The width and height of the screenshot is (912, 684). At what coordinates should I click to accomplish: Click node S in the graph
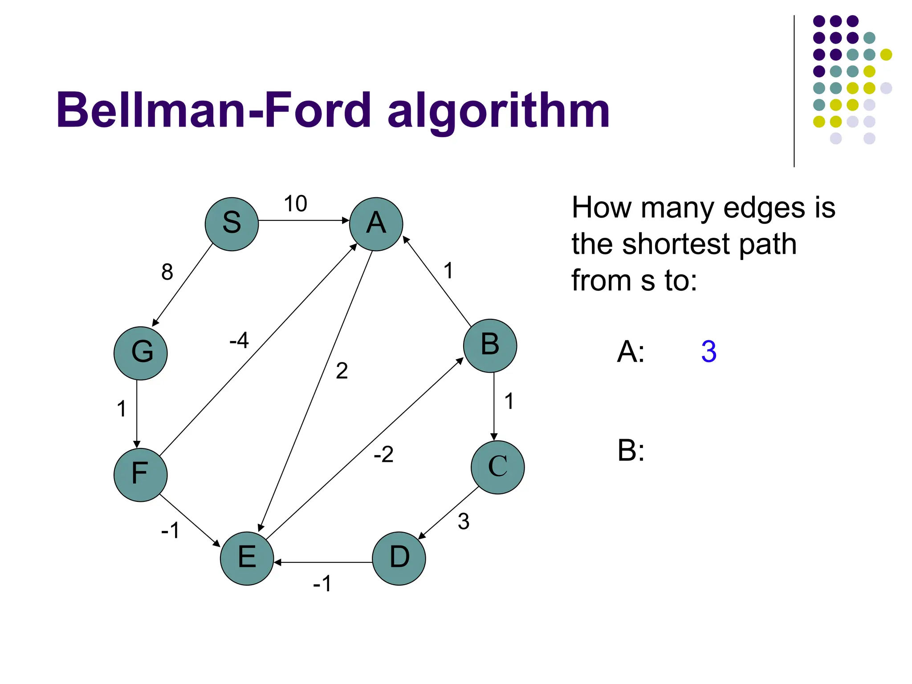coord(232,224)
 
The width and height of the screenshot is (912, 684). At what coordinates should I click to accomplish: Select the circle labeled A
coord(376,224)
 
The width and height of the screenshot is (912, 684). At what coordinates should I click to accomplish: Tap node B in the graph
coord(490,346)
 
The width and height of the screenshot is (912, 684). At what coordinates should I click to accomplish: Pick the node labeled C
coord(497,467)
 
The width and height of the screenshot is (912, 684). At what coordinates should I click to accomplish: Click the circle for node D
coord(399,558)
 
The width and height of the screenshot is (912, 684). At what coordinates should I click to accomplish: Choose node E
coord(247,558)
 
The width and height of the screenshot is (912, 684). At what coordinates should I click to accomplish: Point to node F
coord(140,475)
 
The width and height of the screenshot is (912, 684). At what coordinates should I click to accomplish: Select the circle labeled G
coord(140,353)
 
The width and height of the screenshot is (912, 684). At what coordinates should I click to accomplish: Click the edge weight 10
coord(295,204)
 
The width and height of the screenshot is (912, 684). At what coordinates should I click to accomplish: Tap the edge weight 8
coord(167,272)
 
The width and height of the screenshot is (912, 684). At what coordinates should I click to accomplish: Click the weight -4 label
coord(239,341)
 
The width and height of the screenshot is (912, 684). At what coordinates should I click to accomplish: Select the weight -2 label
coord(383,455)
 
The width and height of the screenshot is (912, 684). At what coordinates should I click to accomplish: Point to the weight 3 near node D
coord(464,521)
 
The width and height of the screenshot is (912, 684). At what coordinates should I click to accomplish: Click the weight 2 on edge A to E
coord(342,371)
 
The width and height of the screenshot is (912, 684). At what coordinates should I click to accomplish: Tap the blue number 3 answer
coord(708,352)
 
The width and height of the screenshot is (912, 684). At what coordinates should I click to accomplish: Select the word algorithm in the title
coord(498,111)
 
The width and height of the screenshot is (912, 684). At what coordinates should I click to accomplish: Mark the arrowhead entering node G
coord(155,322)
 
